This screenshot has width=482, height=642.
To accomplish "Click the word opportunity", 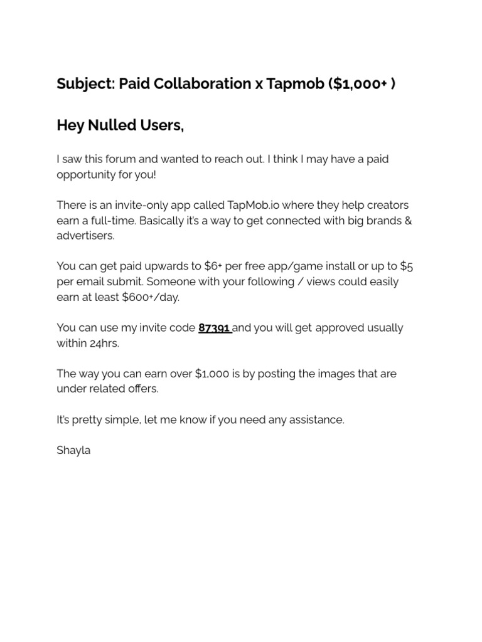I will (86, 174).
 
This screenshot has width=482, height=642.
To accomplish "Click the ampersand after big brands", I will (407, 221).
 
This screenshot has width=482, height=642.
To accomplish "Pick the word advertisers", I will (85, 236).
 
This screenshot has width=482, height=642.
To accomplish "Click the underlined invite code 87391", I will (214, 328).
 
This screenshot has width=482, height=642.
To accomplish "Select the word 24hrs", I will (104, 343).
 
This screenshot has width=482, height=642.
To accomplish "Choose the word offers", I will (142, 389).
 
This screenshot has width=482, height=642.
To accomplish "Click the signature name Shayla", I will (73, 450).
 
